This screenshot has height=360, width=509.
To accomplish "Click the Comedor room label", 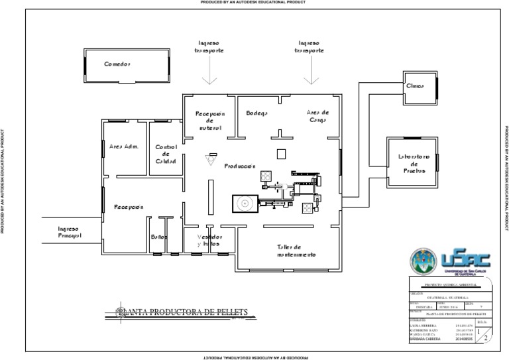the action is (x=117, y=64).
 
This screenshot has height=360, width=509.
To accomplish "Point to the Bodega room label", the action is (x=256, y=113).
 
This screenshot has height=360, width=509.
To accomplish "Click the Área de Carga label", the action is (x=318, y=116).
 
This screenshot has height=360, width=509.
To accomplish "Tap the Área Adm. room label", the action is (x=123, y=146).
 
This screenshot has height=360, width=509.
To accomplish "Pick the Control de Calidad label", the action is (x=165, y=154).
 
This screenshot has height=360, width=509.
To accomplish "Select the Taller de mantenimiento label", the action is (x=296, y=251).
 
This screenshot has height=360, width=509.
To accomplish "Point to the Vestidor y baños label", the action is (x=209, y=241).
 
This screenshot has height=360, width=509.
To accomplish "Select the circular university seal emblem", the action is (x=424, y=263).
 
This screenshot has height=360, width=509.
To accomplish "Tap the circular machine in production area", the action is (x=245, y=203).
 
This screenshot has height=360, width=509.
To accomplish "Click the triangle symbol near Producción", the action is (x=211, y=160).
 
